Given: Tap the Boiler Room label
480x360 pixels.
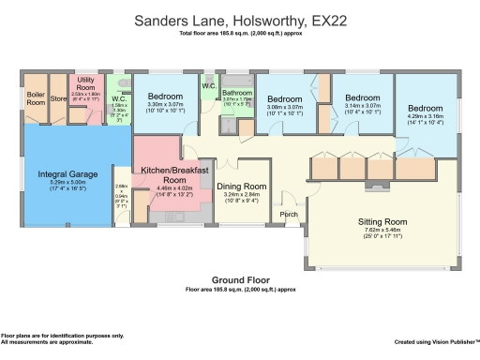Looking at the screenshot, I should pyautogui.click(x=36, y=97).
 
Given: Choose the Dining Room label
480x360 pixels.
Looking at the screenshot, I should pyautogui.click(x=243, y=187).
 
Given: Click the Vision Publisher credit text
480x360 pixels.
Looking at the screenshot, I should pyautogui.click(x=436, y=342).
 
